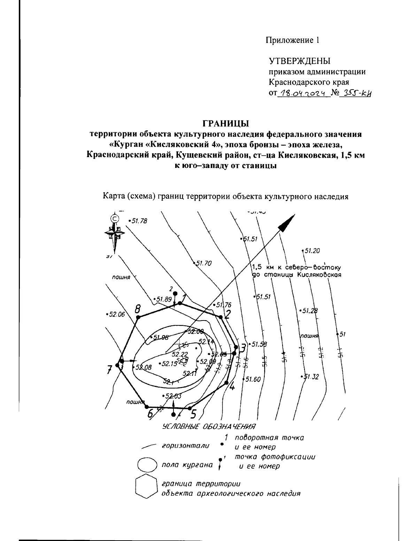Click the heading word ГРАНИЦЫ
pos(225,123)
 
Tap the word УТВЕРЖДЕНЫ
pos(299,61)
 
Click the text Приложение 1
pos(293,40)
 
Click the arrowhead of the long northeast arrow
pos(287,223)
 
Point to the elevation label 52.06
pos(116,314)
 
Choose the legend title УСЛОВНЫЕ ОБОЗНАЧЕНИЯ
pos(209,426)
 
